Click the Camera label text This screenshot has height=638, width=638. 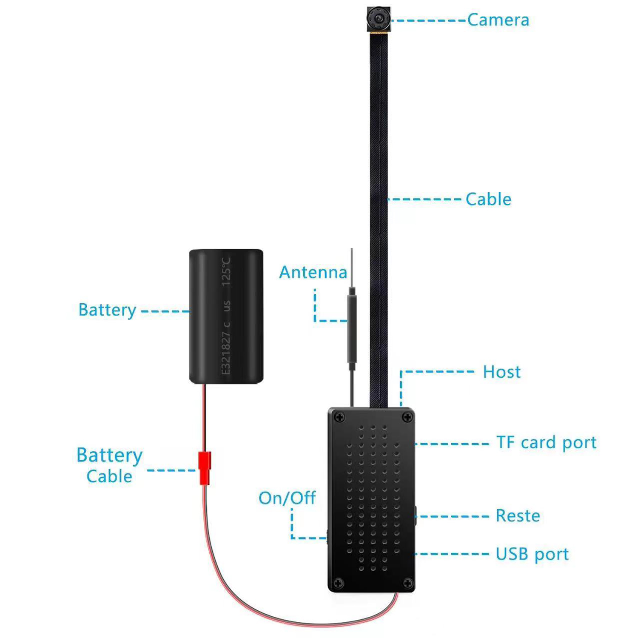coord(498,20)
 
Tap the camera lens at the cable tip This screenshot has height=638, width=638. coord(378,19)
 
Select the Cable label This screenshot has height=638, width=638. coord(488,199)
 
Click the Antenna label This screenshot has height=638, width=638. coord(313,272)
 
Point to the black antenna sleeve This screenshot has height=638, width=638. coord(352,328)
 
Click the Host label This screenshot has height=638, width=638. coord(501,372)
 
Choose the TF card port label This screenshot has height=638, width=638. coord(546,443)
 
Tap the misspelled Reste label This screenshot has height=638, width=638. coord(518,516)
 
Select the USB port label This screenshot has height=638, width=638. coord(532,554)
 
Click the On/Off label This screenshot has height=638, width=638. coord(287,498)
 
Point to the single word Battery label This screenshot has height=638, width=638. coord(107,310)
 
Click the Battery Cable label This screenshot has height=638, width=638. coord(109,465)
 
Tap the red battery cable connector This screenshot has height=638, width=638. coord(205,467)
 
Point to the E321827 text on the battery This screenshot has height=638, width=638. coord(226,353)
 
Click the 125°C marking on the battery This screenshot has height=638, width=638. coord(226,271)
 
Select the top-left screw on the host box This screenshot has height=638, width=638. coord(339,417)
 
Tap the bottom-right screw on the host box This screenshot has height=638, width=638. coord(407,583)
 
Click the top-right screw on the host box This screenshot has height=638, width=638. coord(407,417)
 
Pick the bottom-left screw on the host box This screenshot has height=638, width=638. coord(339,583)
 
